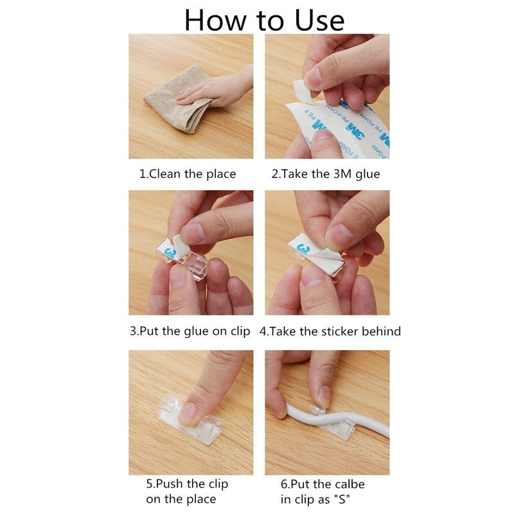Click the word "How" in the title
point(215,21)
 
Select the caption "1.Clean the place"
point(188,173)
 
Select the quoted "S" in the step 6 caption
point(342,500)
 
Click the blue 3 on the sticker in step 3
point(172,253)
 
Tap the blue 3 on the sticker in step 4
point(303,249)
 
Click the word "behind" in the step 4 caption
point(381,331)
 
